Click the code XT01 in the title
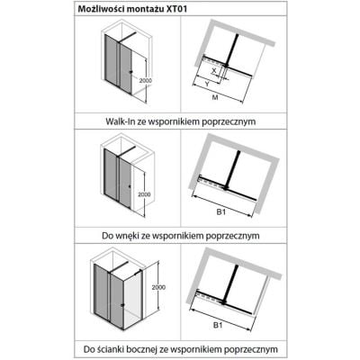pos(176,9)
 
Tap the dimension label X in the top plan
pos(213,71)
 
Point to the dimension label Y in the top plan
pos(207,84)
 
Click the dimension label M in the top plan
pos(215,97)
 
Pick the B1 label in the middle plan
pos(221,211)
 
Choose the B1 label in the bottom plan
pos(218,325)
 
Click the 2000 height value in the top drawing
pos(146,81)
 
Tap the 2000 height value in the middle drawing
pos(144,194)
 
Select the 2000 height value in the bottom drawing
pos(158,287)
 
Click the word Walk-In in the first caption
pos(119,121)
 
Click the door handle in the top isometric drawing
pos(130,72)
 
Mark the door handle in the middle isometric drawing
pos(130,186)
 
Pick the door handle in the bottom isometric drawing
pos(122,305)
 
